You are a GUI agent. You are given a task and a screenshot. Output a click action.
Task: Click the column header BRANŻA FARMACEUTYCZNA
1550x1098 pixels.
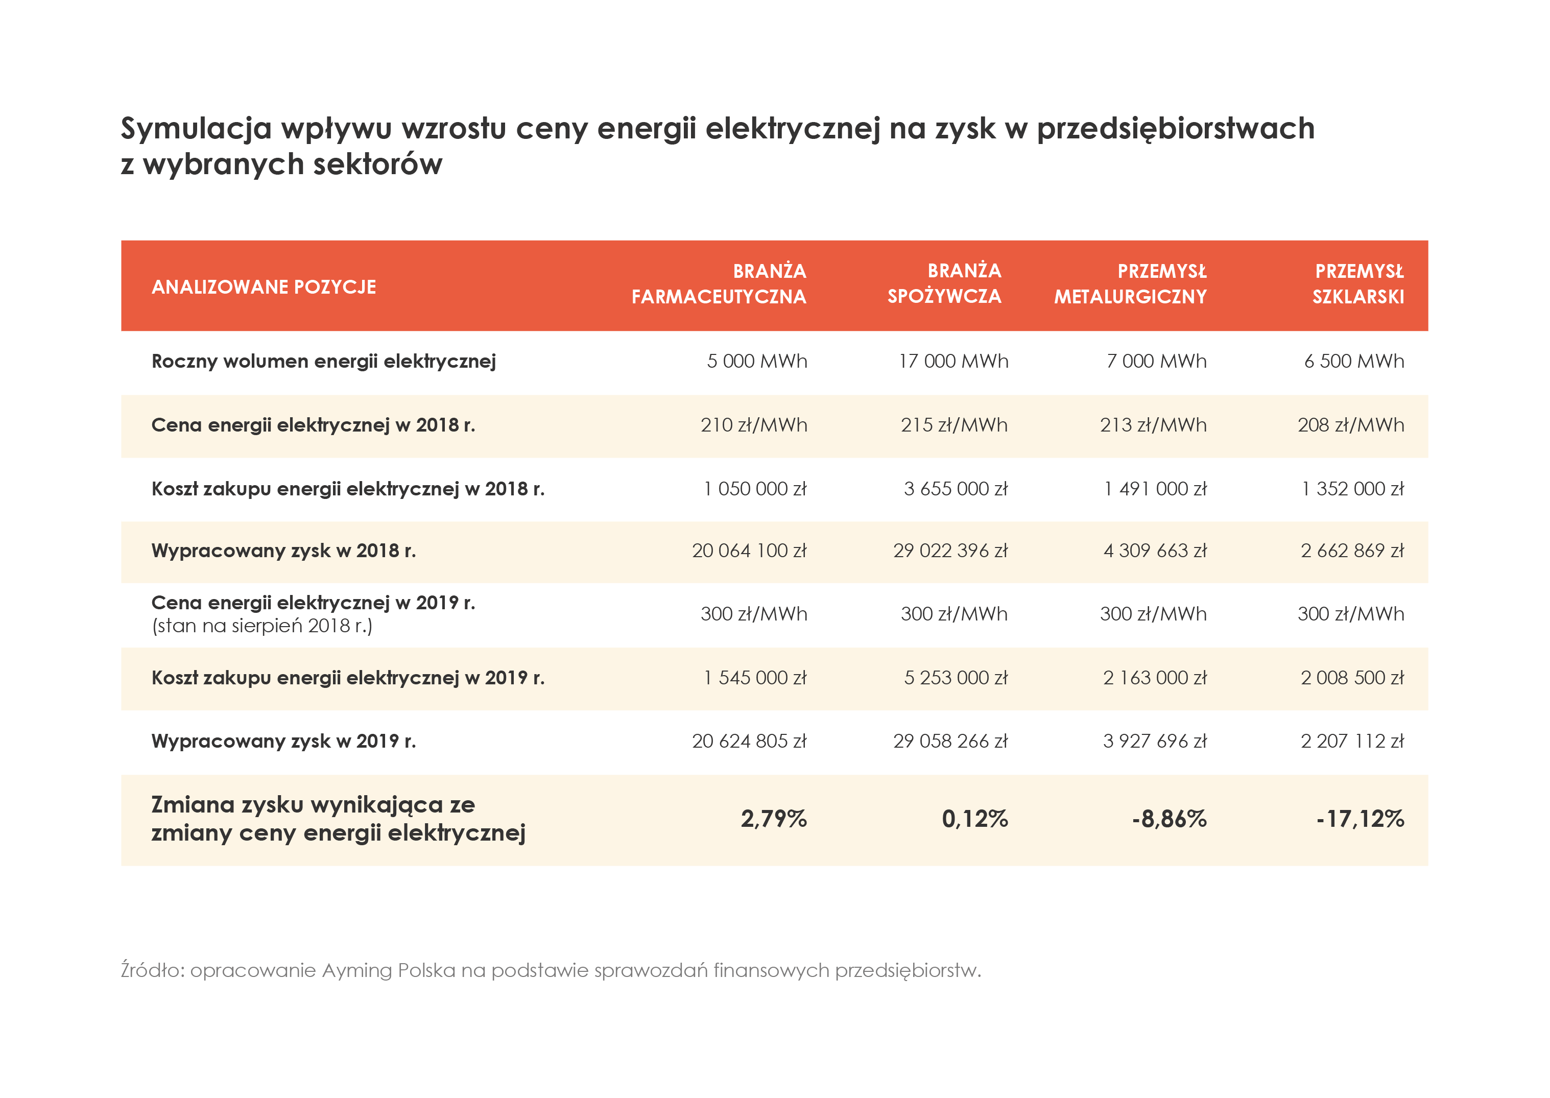coord(719,284)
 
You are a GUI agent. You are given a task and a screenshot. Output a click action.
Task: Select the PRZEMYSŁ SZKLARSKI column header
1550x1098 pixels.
coord(1358,284)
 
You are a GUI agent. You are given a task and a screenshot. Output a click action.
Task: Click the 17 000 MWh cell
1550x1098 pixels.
coord(953,361)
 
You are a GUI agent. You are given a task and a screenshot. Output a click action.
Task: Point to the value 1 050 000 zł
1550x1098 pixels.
coord(755,489)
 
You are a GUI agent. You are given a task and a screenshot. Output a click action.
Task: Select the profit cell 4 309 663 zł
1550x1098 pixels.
coord(1155,551)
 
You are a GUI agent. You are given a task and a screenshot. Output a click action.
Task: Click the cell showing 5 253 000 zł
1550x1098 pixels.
coord(956,678)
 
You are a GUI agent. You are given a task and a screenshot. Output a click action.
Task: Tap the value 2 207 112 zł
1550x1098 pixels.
coord(1352,742)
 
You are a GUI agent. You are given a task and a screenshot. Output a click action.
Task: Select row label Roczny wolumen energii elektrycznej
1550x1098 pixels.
coord(324,361)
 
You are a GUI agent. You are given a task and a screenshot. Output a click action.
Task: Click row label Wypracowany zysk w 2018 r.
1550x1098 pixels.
coord(284,551)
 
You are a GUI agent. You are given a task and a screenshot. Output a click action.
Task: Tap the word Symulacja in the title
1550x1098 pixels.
coord(196,129)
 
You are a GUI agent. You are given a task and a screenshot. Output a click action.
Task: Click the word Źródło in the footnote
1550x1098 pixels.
coord(151,971)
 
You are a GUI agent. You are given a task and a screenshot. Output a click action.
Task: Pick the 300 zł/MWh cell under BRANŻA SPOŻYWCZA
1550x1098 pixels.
coord(954,614)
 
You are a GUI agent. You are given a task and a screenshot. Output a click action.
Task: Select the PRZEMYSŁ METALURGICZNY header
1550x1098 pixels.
coord(1130,284)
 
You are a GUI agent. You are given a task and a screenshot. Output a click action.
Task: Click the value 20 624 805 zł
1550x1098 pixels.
coord(749,742)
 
